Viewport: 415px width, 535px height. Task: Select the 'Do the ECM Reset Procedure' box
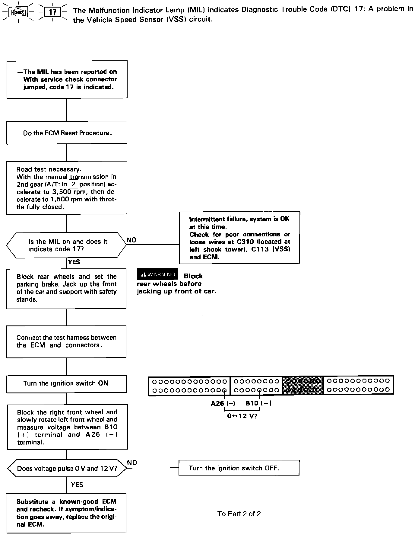[67, 133]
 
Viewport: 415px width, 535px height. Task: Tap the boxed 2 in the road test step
[73, 184]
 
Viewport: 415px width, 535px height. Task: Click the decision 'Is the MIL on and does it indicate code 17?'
[66, 245]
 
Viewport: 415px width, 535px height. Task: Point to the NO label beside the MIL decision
[131, 240]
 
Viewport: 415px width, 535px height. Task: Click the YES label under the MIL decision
[74, 262]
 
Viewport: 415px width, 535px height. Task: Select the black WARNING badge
[157, 274]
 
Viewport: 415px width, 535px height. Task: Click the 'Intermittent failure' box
[239, 238]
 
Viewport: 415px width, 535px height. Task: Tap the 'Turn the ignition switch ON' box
[66, 383]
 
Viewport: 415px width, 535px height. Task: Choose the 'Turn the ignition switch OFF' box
[239, 468]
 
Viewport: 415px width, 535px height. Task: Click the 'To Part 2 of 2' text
[239, 514]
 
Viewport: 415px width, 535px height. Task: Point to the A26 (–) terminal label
[223, 403]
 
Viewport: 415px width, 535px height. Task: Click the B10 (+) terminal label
[258, 403]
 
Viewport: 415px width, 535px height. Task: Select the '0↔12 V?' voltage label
[242, 416]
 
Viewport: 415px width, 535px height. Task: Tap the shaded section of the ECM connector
[303, 386]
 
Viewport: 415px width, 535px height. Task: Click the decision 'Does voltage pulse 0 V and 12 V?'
[67, 468]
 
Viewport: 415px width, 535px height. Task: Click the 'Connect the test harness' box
[66, 341]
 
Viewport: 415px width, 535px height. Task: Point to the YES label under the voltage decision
[77, 485]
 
